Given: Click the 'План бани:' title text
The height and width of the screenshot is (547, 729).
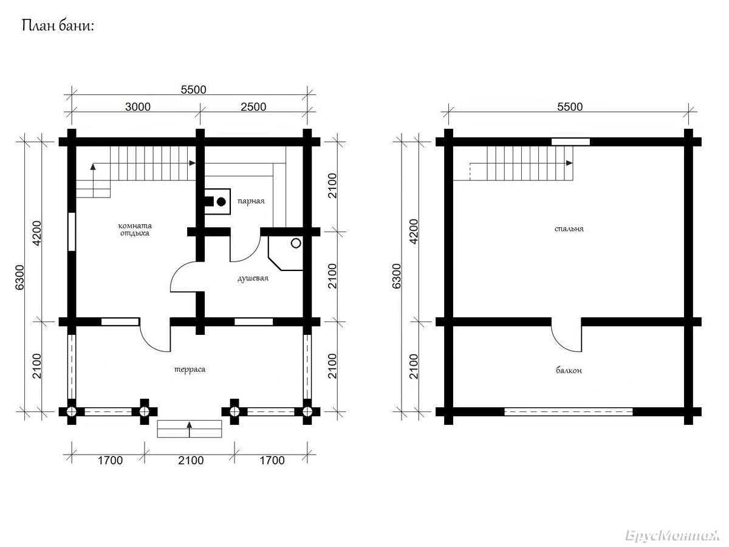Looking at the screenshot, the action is click(x=58, y=26).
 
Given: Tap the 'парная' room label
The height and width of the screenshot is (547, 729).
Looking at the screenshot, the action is click(x=251, y=201).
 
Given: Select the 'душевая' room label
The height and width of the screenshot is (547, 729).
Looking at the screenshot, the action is click(x=253, y=278).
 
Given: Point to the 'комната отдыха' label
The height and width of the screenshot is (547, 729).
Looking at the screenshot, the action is click(x=135, y=230).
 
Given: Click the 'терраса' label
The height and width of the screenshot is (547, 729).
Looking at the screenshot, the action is click(x=190, y=370).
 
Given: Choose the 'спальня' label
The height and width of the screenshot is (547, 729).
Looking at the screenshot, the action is click(x=569, y=229).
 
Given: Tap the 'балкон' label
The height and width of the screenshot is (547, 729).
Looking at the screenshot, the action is click(x=569, y=370).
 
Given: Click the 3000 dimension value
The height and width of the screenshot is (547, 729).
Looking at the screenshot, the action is click(x=138, y=107).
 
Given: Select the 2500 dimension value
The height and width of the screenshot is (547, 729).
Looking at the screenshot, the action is click(x=253, y=107).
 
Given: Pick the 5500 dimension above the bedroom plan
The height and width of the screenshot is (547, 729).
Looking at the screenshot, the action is click(x=570, y=107).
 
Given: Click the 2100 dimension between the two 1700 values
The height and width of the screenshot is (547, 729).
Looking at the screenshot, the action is click(x=191, y=460).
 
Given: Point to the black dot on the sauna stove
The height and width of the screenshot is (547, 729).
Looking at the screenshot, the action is click(x=221, y=202).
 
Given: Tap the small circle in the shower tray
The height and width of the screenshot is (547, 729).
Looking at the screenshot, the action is click(x=296, y=244).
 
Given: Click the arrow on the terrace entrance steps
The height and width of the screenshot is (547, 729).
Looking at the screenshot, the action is click(x=190, y=430).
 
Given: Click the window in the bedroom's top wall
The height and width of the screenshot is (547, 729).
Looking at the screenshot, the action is click(x=570, y=142).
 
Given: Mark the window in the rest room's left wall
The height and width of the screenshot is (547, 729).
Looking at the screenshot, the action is click(x=72, y=232).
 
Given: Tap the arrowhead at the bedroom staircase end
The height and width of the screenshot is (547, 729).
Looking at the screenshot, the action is click(x=569, y=163).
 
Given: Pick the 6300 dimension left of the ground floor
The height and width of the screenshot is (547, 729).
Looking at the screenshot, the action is click(x=20, y=277).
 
